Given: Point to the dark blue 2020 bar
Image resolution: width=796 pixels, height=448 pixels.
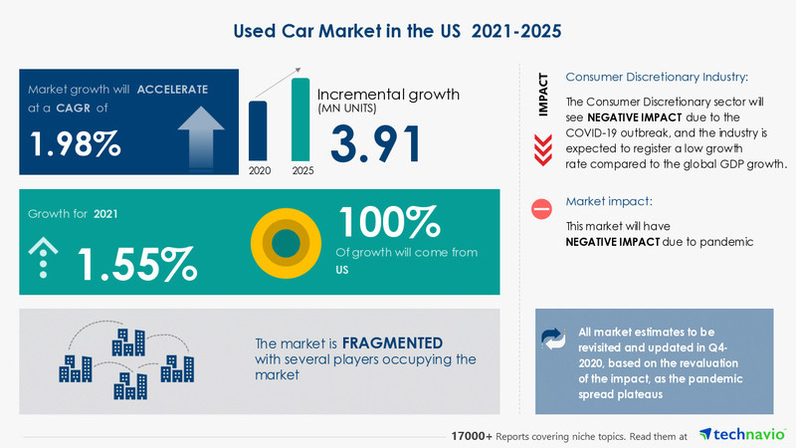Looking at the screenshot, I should click(258, 130).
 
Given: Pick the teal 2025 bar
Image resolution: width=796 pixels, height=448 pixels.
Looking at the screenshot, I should click(299, 119).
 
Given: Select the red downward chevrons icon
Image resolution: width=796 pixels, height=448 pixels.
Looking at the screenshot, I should click(542, 149).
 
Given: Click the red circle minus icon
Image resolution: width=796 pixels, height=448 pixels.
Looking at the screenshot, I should click(542, 209).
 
